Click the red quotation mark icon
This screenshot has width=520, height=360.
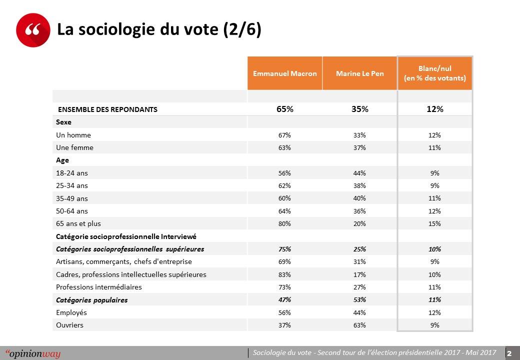tap(33, 30)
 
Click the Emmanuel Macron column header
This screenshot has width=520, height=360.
tap(285, 73)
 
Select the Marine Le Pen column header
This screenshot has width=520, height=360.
tap(360, 73)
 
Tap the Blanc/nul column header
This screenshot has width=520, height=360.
tap(434, 73)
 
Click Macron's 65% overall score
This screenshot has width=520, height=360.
tap(285, 109)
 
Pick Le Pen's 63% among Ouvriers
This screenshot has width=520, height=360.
tap(360, 325)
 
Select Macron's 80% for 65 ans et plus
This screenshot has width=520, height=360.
tap(285, 223)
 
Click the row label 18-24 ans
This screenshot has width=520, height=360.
tap(72, 173)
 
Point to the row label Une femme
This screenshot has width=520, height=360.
tap(74, 147)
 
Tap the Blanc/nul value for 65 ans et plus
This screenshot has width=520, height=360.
tap(434, 223)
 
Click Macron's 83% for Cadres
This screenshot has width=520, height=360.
tap(285, 274)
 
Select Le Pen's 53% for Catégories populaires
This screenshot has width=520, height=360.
tap(360, 299)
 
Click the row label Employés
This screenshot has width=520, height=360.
tap(71, 312)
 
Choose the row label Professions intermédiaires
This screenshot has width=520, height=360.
tap(99, 287)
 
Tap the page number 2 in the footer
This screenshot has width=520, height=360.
tap(510, 353)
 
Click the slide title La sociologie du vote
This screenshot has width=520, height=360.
tap(159, 30)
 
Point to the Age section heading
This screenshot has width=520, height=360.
tap(62, 160)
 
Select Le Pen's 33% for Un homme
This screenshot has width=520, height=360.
tap(360, 135)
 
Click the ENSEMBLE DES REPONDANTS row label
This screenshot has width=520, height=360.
tap(108, 109)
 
